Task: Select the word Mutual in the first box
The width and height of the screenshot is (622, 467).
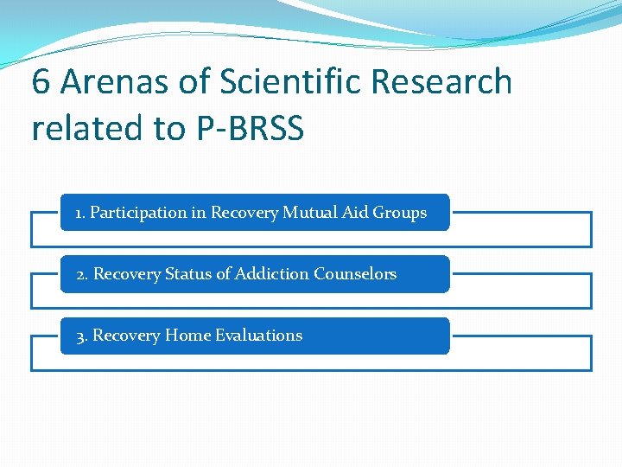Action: [x=309, y=213]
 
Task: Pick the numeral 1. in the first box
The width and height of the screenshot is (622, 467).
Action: [x=80, y=213]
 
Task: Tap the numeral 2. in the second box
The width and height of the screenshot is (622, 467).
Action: [x=82, y=274]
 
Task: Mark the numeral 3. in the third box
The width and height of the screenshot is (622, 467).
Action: [x=82, y=336]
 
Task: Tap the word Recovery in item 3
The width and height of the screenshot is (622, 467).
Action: [x=126, y=336]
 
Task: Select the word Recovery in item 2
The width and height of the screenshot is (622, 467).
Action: [x=127, y=274]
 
